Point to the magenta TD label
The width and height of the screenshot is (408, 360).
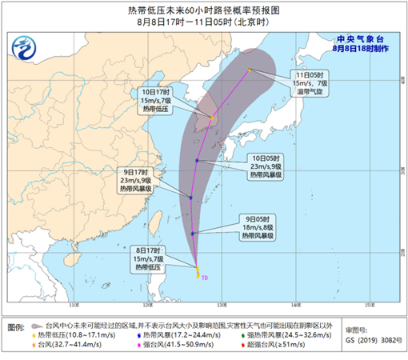point(206,278)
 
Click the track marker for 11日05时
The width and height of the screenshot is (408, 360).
point(250,70)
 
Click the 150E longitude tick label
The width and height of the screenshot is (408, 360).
point(369,305)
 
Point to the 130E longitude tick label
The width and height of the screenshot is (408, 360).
point(222,305)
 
